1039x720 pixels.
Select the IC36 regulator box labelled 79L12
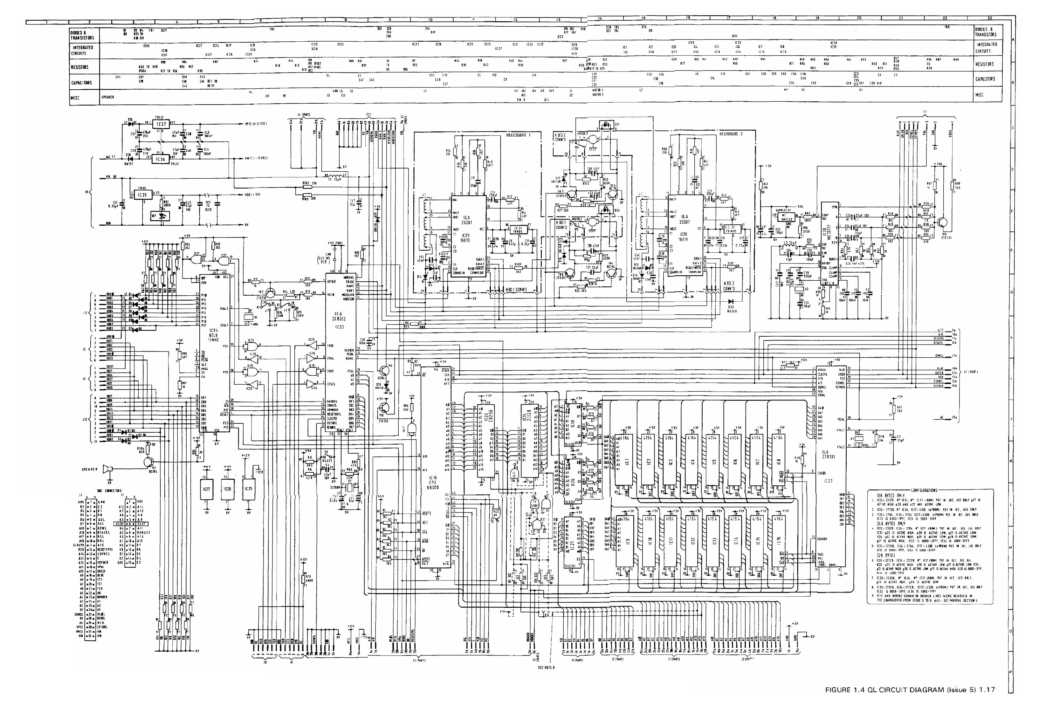tap(160, 159)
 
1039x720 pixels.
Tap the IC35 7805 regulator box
tap(142, 195)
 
